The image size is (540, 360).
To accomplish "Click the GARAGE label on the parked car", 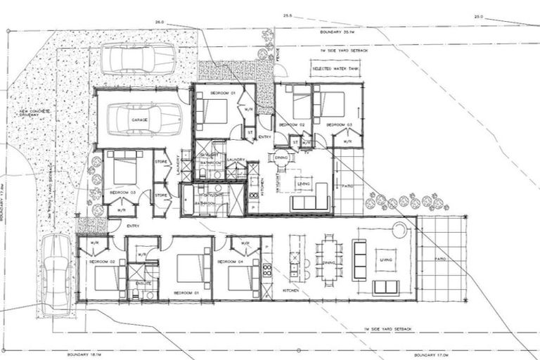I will (139, 120).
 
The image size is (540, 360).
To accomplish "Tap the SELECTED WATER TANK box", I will (335, 69).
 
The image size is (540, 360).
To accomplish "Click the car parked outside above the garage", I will (138, 58).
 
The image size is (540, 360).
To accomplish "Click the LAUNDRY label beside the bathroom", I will (236, 160).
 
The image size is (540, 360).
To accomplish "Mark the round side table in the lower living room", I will (399, 229).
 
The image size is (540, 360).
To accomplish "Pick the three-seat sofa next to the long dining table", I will (359, 259).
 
